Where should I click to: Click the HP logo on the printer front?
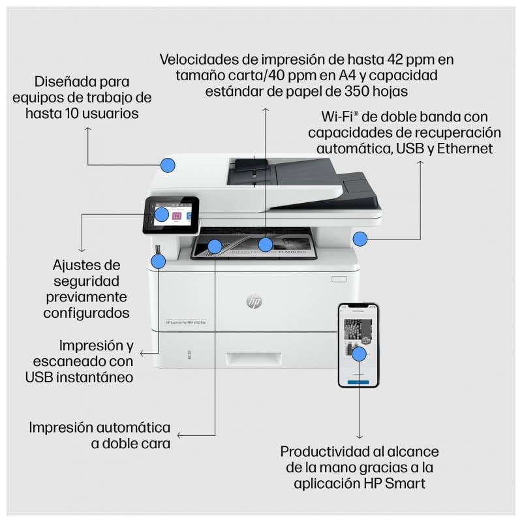(x=254, y=301)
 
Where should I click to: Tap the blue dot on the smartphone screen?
(x=358, y=354)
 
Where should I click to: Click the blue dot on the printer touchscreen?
(x=161, y=214)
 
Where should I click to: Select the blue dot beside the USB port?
(x=157, y=262)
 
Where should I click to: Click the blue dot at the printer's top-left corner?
(x=168, y=164)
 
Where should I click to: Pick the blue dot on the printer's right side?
(x=360, y=239)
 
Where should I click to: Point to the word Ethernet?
(x=465, y=148)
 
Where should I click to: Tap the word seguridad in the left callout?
(x=86, y=281)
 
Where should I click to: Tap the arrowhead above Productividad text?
(x=360, y=435)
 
